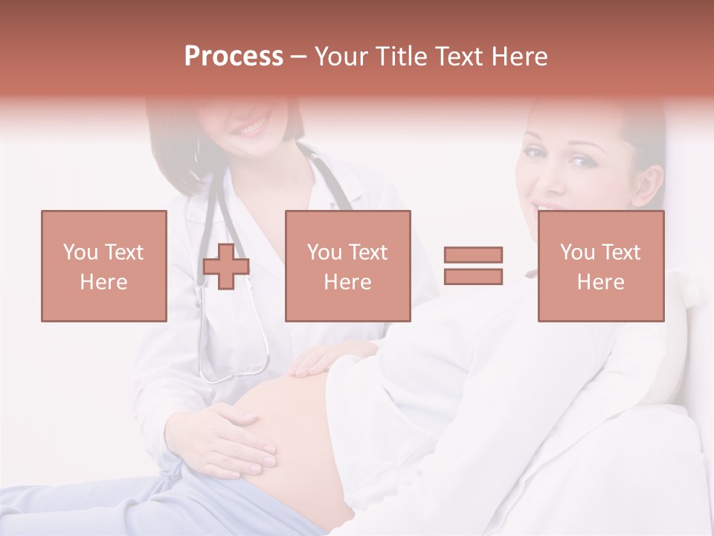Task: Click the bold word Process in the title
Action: [x=234, y=57]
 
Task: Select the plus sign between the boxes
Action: [x=226, y=267]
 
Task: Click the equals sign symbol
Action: [x=473, y=266]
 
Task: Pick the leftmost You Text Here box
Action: [x=104, y=266]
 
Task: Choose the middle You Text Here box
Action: [x=348, y=266]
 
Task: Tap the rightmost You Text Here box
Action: [x=601, y=266]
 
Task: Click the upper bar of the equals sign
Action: [x=473, y=255]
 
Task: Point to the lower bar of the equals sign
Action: [x=473, y=276]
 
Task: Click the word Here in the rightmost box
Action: [x=601, y=281]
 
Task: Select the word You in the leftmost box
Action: [x=80, y=252]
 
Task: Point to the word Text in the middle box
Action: [x=368, y=252]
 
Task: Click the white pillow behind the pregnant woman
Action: [x=669, y=350]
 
